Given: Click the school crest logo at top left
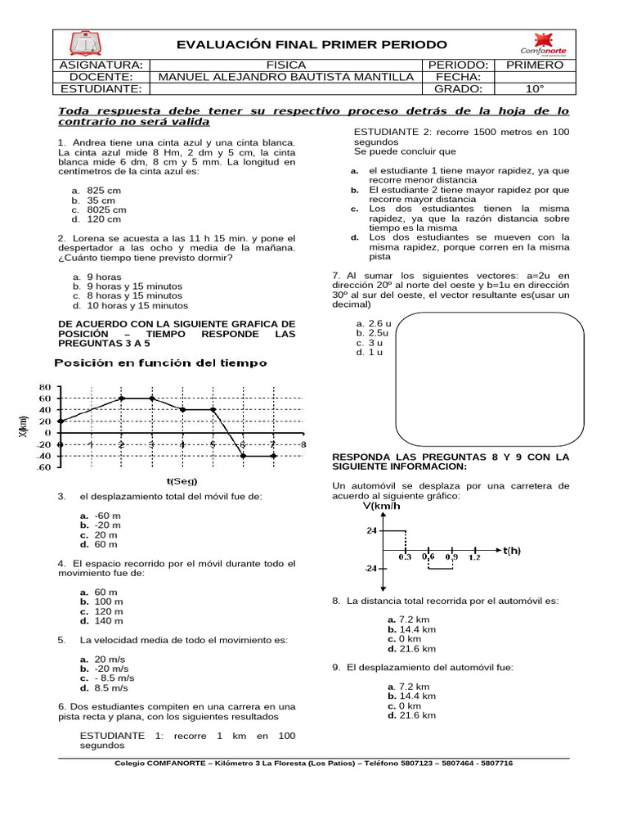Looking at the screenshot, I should pyautogui.click(x=86, y=43).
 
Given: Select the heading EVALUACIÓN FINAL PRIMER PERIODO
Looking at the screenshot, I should pyautogui.click(x=312, y=44).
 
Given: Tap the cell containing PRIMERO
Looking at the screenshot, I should pyautogui.click(x=536, y=65).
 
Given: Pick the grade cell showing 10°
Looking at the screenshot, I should pyautogui.click(x=536, y=89).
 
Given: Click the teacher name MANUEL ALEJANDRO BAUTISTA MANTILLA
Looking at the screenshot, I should pyautogui.click(x=285, y=77).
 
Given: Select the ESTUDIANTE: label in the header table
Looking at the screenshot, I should pyautogui.click(x=101, y=89).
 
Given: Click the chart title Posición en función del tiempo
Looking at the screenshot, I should pyautogui.click(x=160, y=363).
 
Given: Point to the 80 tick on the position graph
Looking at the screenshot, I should pyautogui.click(x=45, y=387).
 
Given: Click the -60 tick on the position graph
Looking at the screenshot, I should pyautogui.click(x=43, y=467).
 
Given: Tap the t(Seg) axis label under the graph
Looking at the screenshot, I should pyautogui.click(x=182, y=481).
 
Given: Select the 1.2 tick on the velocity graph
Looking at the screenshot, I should pyautogui.click(x=473, y=556).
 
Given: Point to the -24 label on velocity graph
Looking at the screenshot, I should pyautogui.click(x=371, y=568).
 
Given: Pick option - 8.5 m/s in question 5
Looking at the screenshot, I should pyautogui.click(x=114, y=678).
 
